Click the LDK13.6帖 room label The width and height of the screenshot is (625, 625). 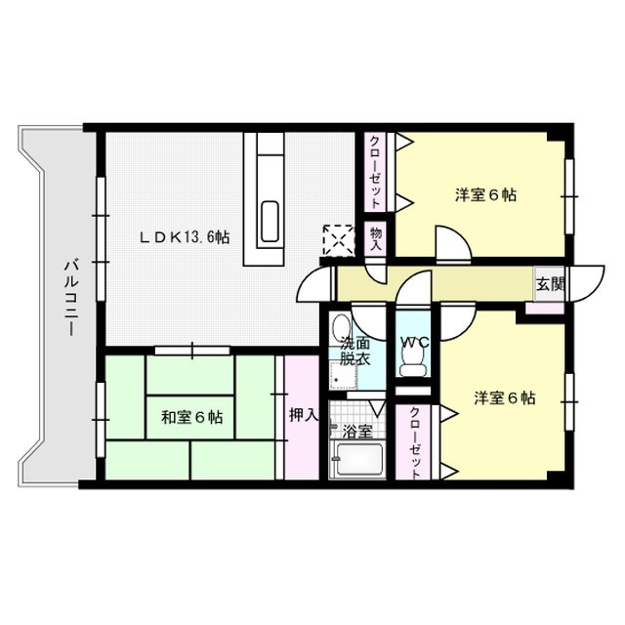[x=186, y=236]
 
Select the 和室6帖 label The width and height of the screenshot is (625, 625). [x=191, y=418]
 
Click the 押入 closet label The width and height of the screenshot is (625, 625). [x=303, y=414]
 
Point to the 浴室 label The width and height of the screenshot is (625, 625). [x=355, y=431]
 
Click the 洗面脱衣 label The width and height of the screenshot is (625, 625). [x=354, y=350]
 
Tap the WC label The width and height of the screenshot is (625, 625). [x=414, y=343]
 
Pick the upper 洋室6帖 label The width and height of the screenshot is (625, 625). [x=485, y=194]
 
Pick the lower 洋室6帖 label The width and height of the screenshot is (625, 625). [x=505, y=397]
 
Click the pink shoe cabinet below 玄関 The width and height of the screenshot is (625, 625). [x=543, y=308]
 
